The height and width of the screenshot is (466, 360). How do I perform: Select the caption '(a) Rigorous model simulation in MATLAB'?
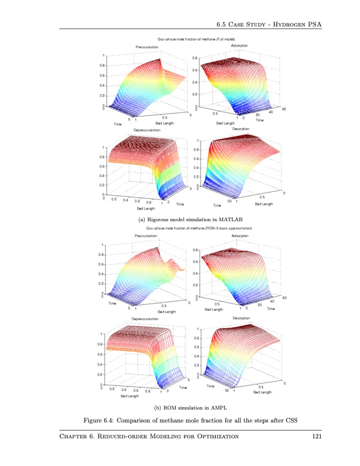183,219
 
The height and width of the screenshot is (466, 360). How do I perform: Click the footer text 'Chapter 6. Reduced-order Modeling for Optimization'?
149,436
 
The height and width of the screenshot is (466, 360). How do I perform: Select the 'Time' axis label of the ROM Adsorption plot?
270,308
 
